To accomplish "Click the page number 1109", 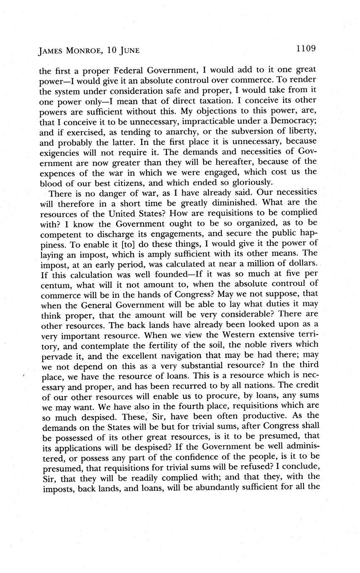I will (x=306, y=49).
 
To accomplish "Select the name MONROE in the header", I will (x=83, y=51).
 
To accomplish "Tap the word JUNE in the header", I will (x=127, y=51).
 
